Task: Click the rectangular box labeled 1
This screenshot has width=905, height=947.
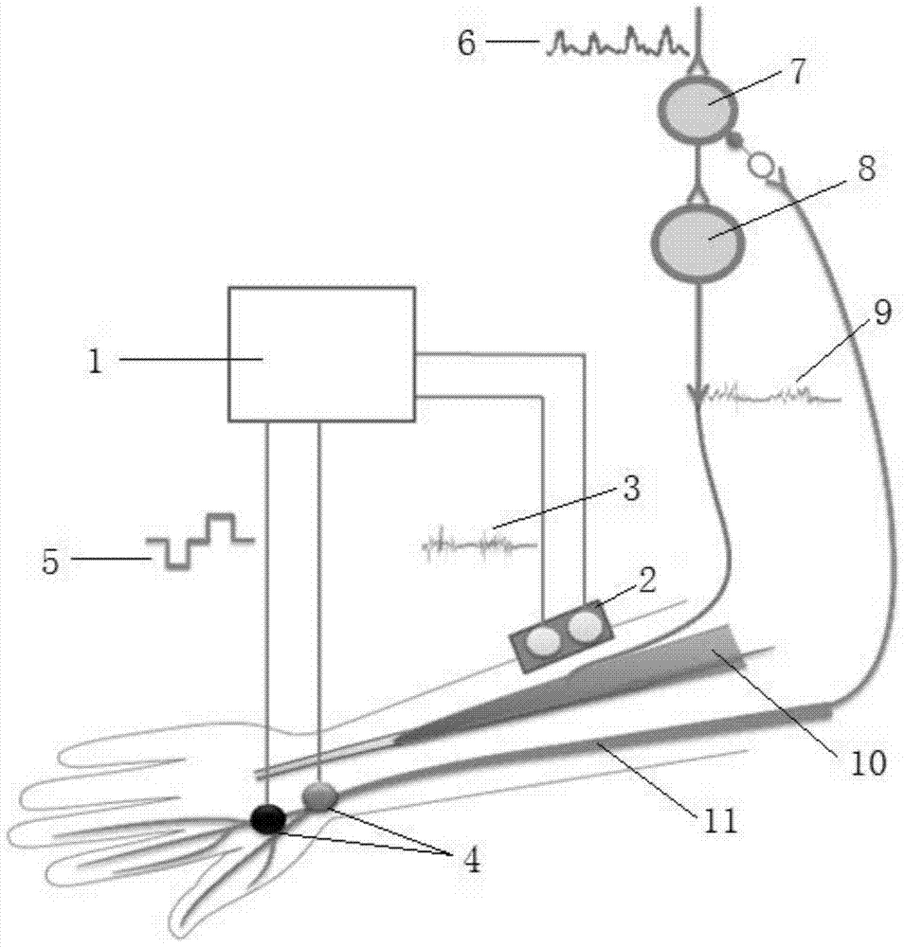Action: click(321, 353)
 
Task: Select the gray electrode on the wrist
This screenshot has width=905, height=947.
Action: click(320, 796)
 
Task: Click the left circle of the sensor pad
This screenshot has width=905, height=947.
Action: click(544, 641)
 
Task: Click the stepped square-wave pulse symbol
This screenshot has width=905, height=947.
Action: click(201, 541)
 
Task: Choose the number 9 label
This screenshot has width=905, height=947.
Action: click(881, 314)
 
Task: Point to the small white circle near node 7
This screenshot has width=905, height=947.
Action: click(760, 166)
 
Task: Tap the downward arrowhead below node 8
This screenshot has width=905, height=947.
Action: click(697, 392)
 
